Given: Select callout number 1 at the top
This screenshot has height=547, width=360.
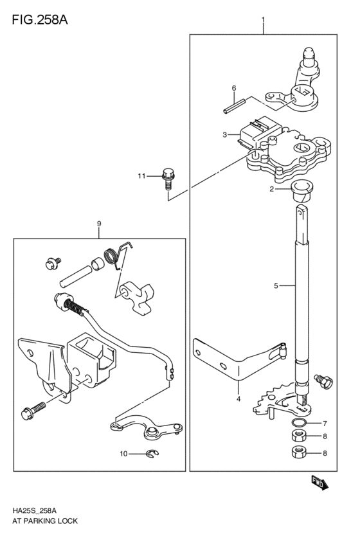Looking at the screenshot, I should tap(263, 21).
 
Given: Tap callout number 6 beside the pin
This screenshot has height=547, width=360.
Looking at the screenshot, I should tap(234, 87).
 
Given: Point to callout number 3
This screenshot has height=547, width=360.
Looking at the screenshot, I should tap(224, 135).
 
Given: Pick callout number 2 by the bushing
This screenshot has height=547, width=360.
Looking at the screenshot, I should tap(272, 189).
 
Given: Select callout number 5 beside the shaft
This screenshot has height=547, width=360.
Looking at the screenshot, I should tap(276, 285).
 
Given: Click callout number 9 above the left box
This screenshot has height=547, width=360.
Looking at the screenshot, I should tap(99, 224).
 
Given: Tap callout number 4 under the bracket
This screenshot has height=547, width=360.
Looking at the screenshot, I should tap(238, 399).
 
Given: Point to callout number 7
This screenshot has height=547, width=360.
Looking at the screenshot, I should tap(325, 424).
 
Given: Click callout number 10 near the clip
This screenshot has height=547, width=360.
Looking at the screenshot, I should tap(123, 454).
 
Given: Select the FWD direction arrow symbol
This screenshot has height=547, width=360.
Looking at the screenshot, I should tap(319, 483).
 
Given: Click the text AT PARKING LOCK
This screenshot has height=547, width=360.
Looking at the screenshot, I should tap(44, 521).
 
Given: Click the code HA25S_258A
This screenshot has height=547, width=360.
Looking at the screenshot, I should tap(33, 510).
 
